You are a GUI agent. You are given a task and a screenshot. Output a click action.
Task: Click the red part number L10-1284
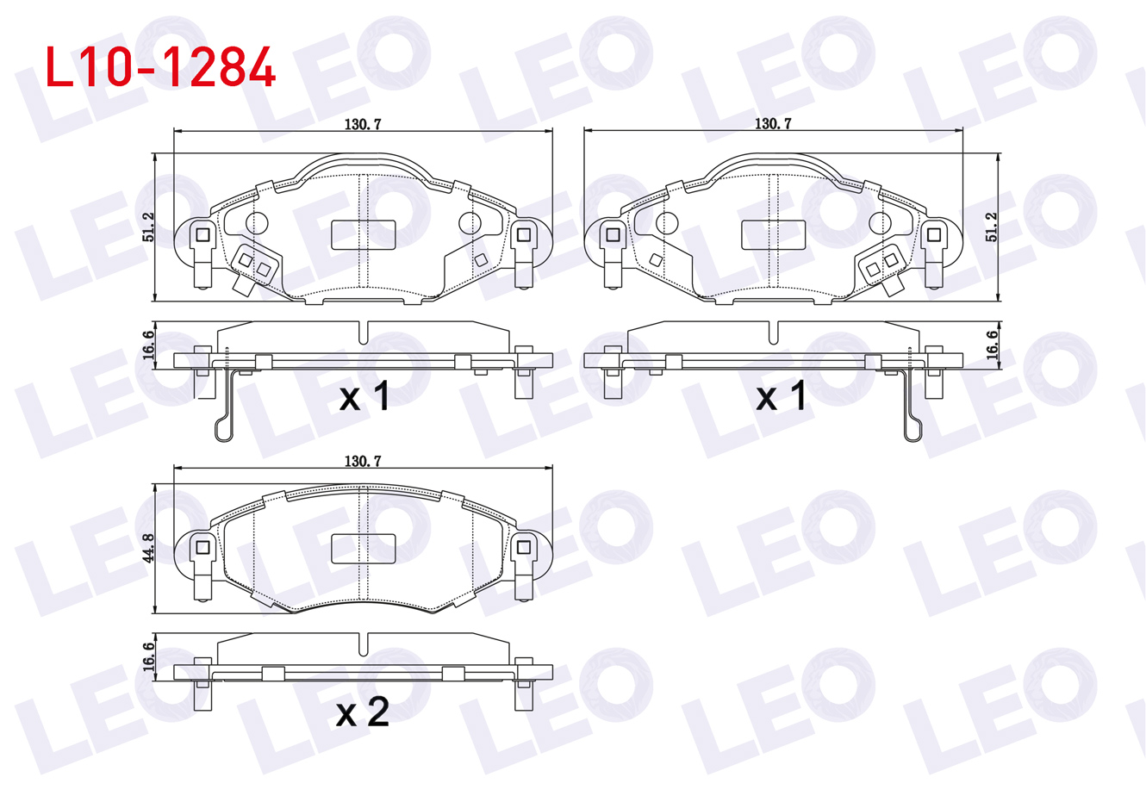(x=160, y=67)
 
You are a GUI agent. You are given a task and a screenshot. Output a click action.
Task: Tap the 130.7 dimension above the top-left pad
(x=363, y=124)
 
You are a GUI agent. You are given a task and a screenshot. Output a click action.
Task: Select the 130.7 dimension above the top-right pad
(x=773, y=124)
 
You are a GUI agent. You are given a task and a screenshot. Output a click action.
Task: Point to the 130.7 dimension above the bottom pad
(x=363, y=462)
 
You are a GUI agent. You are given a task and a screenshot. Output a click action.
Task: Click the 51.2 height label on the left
(x=148, y=227)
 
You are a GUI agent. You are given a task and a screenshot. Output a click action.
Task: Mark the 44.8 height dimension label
(x=148, y=548)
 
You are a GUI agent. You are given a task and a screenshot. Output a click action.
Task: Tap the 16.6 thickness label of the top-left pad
(x=148, y=345)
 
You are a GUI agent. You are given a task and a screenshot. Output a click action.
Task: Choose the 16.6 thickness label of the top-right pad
(x=992, y=345)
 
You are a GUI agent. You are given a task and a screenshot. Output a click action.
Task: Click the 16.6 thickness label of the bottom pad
(x=148, y=656)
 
